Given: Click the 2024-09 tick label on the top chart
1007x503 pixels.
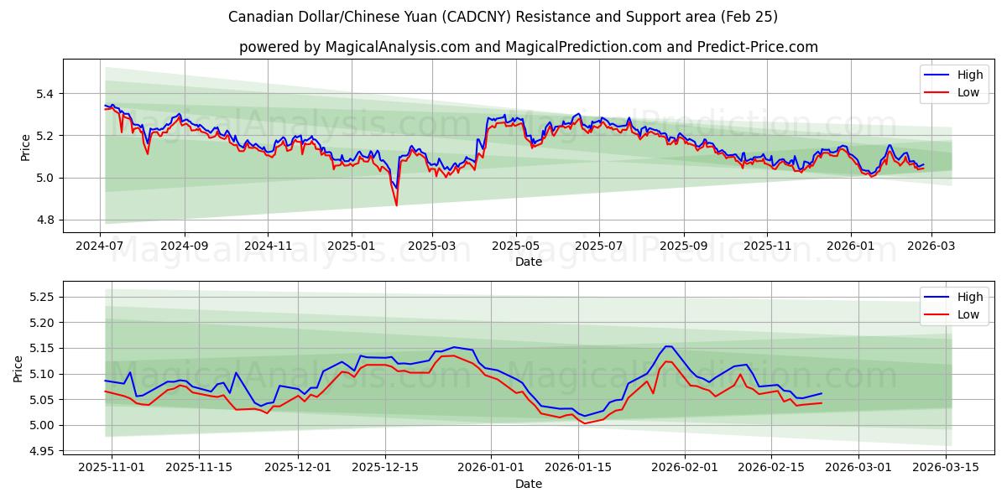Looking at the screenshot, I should click(x=184, y=246).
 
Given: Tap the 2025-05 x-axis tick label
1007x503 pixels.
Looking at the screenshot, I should click(x=516, y=246).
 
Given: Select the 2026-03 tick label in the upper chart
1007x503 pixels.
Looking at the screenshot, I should click(x=932, y=246).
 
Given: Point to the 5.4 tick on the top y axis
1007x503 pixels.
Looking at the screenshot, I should click(x=44, y=94).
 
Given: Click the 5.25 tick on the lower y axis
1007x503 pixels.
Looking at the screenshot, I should click(x=40, y=298).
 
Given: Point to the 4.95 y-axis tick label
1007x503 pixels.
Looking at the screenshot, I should click(x=40, y=452).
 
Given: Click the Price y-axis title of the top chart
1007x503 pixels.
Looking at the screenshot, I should click(x=25, y=148).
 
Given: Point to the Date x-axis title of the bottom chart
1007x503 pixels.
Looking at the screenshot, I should click(x=529, y=484).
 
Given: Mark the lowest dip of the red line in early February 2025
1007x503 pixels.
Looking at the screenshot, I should click(x=396, y=205).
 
